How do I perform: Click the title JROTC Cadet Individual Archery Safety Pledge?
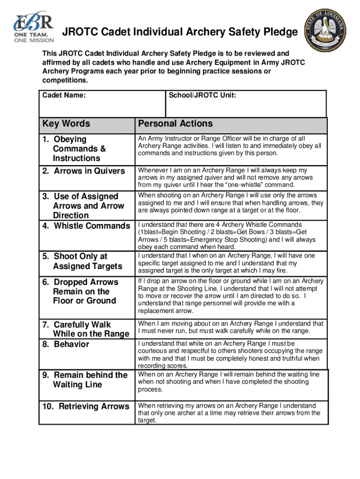[x=180, y=32]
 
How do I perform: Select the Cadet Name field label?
[x=64, y=95]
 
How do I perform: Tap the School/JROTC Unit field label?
[x=202, y=95]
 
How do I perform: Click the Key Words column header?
[x=66, y=124]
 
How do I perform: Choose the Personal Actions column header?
[x=175, y=124]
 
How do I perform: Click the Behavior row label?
[x=66, y=344]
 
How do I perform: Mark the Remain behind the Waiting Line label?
[x=85, y=380]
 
